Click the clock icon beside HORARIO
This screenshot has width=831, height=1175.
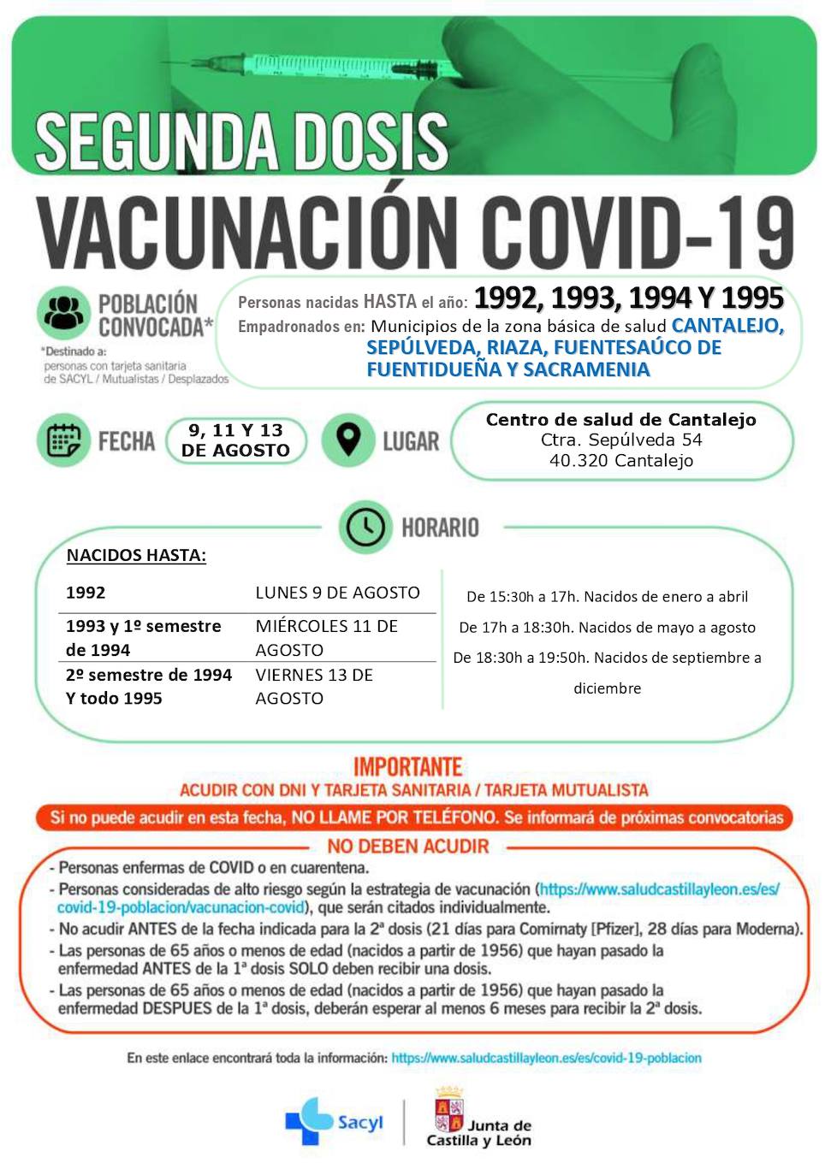click(x=365, y=527)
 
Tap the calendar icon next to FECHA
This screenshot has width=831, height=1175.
click(x=64, y=440)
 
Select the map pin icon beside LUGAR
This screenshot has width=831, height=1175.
click(x=347, y=440)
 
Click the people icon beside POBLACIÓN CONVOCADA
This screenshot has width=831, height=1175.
click(x=64, y=313)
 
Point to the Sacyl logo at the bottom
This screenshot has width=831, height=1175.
click(x=334, y=1121)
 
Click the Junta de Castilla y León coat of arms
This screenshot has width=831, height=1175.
click(x=448, y=1115)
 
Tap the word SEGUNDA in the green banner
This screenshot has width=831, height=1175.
click(x=153, y=142)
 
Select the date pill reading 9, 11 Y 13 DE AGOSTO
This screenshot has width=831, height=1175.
click(x=235, y=440)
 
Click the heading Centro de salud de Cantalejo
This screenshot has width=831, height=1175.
click(x=620, y=419)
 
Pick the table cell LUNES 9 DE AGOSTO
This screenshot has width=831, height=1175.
click(x=337, y=593)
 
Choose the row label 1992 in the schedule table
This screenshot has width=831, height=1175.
click(x=86, y=593)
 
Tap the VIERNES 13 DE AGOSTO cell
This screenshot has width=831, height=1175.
click(x=314, y=686)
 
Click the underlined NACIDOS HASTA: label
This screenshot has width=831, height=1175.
click(x=136, y=555)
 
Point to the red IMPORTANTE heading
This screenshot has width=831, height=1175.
click(x=407, y=766)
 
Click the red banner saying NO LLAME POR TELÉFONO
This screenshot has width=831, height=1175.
click(x=416, y=818)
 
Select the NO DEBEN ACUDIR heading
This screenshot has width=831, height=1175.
click(x=407, y=847)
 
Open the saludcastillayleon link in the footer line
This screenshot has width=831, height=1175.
click(x=546, y=1058)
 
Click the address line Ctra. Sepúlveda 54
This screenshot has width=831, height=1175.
click(x=620, y=440)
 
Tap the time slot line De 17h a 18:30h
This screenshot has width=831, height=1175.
click(x=607, y=627)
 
